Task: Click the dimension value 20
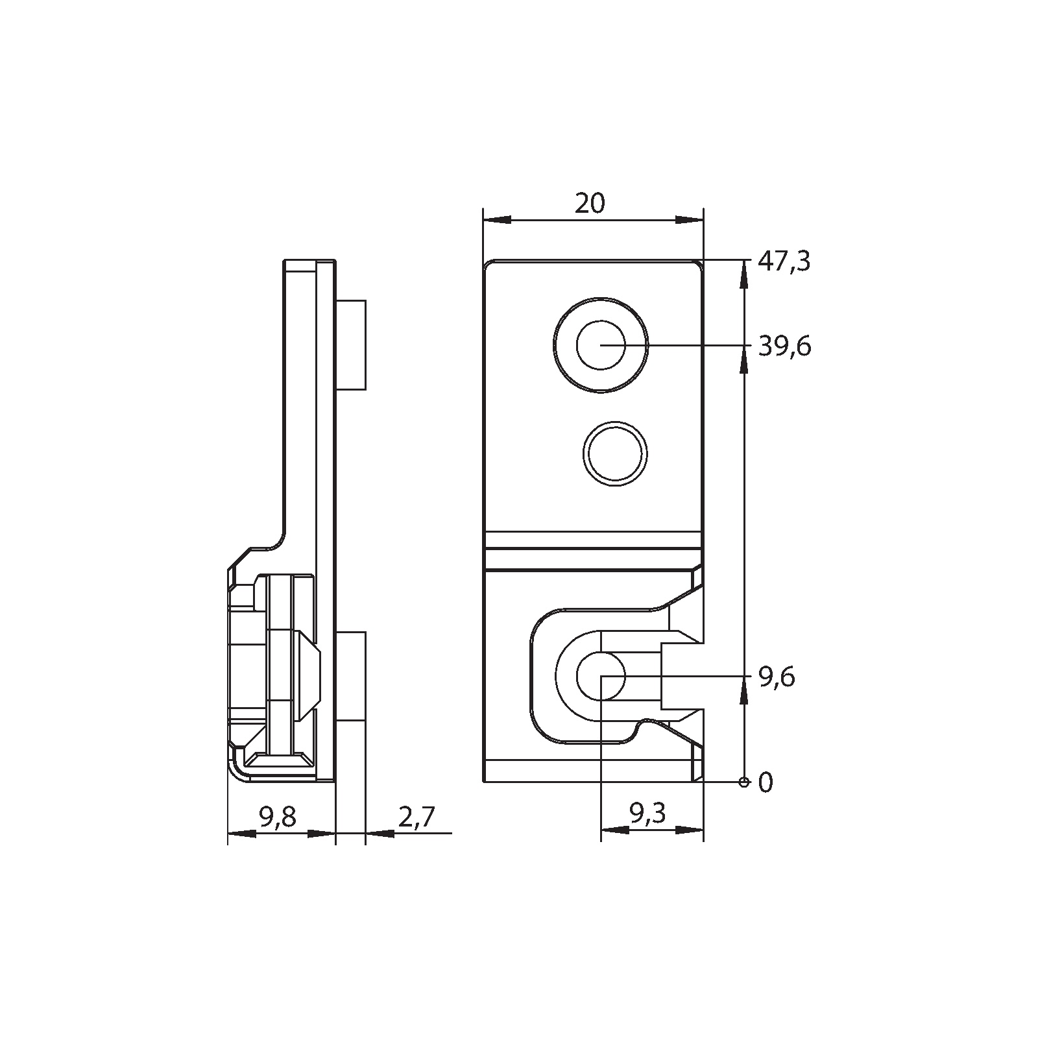click(589, 204)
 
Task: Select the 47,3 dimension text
click(784, 262)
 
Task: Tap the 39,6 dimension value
click(784, 347)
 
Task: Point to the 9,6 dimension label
click(776, 678)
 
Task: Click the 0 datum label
click(766, 783)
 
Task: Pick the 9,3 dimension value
click(647, 813)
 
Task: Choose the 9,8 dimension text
click(277, 817)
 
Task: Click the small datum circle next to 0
click(743, 781)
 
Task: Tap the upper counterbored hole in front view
click(601, 345)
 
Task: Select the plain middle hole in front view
click(614, 453)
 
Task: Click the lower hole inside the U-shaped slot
click(601, 676)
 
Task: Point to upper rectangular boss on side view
click(351, 344)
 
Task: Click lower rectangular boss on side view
click(351, 676)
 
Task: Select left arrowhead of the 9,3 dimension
click(614, 830)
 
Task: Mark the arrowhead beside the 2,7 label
click(380, 833)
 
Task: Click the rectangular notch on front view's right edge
click(681, 676)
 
